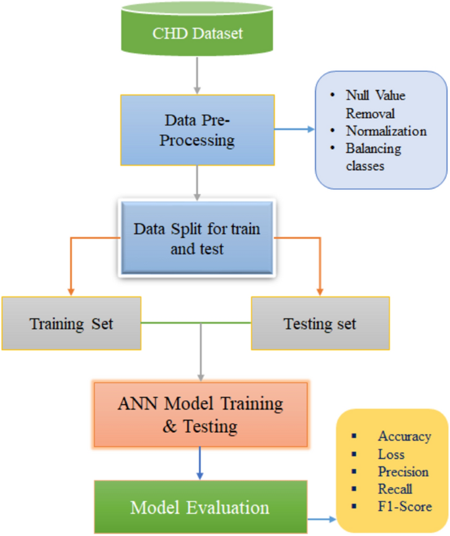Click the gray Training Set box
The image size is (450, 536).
[x=72, y=323]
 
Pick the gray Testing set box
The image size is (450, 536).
[x=320, y=323]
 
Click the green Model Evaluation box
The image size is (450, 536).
[x=200, y=508]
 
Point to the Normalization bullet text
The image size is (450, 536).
[x=386, y=131]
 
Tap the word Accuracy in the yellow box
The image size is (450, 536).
[x=404, y=436]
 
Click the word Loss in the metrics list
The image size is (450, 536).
[x=392, y=454]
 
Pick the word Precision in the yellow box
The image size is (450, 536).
[x=403, y=472]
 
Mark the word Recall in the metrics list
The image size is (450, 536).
[x=395, y=489]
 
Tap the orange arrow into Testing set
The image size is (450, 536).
[x=320, y=269]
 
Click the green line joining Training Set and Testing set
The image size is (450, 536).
[x=196, y=323]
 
